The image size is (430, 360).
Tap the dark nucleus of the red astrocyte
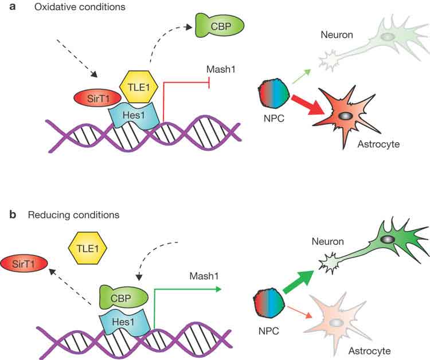345,116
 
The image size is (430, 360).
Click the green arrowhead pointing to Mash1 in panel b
219,290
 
